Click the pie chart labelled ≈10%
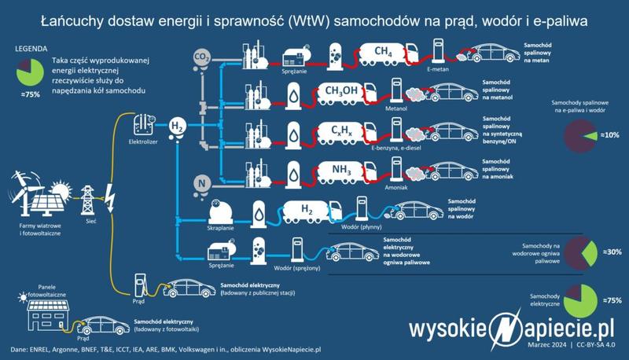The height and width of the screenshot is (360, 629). point(581,136)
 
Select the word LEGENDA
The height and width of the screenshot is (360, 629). point(28,49)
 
